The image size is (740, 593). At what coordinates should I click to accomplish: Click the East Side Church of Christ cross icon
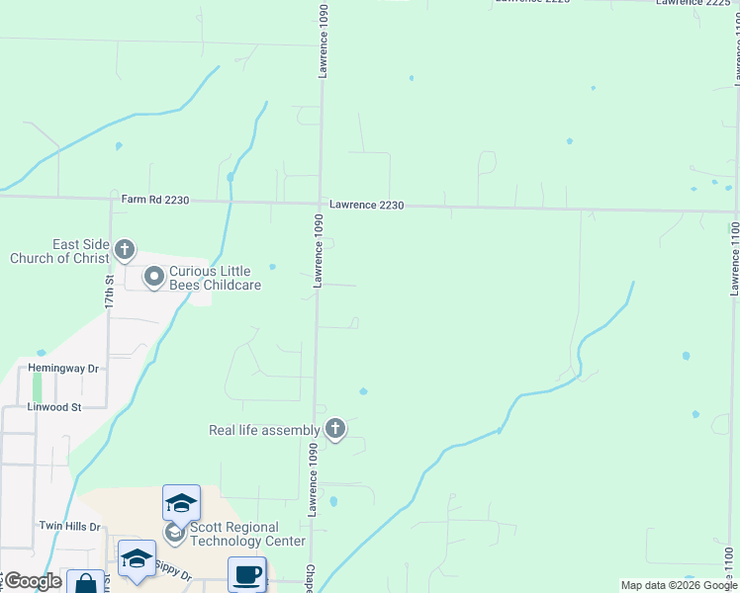(x=124, y=249)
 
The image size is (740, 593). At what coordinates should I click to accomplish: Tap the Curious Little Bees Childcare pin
(x=153, y=278)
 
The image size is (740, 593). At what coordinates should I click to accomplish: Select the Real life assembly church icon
(x=335, y=429)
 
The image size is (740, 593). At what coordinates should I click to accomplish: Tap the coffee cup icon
(x=246, y=573)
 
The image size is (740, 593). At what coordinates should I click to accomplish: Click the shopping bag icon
(x=85, y=583)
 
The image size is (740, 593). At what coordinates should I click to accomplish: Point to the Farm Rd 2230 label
(x=154, y=200)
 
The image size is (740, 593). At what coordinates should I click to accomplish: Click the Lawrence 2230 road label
(x=367, y=205)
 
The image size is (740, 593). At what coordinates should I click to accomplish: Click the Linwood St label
(x=54, y=406)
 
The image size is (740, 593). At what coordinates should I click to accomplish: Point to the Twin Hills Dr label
(x=70, y=527)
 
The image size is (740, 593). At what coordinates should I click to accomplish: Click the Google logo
(x=33, y=581)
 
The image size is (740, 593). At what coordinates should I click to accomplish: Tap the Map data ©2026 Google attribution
(x=679, y=586)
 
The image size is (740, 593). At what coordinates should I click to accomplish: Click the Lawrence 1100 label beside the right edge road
(x=734, y=257)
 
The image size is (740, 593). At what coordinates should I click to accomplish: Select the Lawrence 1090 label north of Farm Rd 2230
(x=323, y=42)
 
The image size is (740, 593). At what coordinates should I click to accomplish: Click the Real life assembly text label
(x=264, y=430)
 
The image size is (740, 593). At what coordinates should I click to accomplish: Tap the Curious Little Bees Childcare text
(x=215, y=278)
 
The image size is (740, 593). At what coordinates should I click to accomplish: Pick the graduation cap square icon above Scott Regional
(x=181, y=502)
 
